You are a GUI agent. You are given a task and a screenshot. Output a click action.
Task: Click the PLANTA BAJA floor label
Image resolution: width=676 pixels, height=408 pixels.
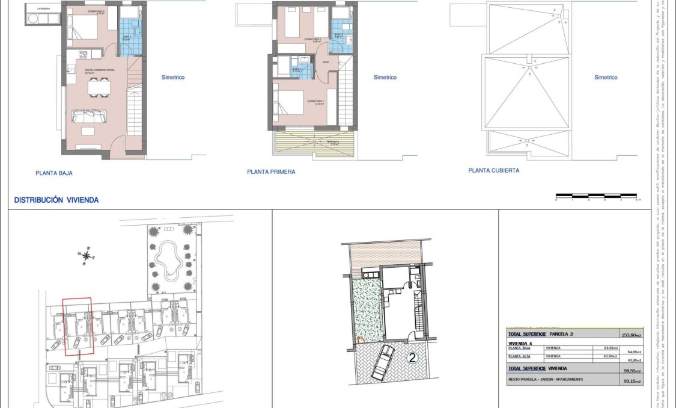pos(54,173)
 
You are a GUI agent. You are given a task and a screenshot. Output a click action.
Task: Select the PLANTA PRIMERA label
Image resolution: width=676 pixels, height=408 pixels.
pos(271,172)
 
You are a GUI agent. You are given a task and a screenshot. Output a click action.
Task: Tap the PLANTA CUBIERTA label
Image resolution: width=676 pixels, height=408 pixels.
pos(494,170)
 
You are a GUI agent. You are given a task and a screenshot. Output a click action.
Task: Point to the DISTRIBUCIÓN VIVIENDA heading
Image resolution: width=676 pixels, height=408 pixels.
pos(56,200)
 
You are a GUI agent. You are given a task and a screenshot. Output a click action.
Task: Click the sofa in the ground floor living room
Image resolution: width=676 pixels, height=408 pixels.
pos(90,116)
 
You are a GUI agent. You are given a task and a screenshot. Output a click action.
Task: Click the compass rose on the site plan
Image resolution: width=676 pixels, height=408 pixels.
pos(88,256)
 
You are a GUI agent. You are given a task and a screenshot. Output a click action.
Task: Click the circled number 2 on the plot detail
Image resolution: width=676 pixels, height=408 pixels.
pos(412,358)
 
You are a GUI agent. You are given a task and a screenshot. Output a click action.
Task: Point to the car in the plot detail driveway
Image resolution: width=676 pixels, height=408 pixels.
pos(382,363)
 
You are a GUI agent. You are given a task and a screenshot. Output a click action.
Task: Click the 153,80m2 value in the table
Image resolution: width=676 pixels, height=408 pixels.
pos(632,335)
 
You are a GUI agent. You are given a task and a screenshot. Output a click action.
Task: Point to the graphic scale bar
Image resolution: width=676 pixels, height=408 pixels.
pos(596,196)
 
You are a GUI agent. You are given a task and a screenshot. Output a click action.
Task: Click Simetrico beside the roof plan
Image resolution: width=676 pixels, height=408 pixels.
pos(606,78)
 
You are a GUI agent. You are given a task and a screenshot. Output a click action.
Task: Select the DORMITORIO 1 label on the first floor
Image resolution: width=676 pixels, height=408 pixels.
pos(315,101)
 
